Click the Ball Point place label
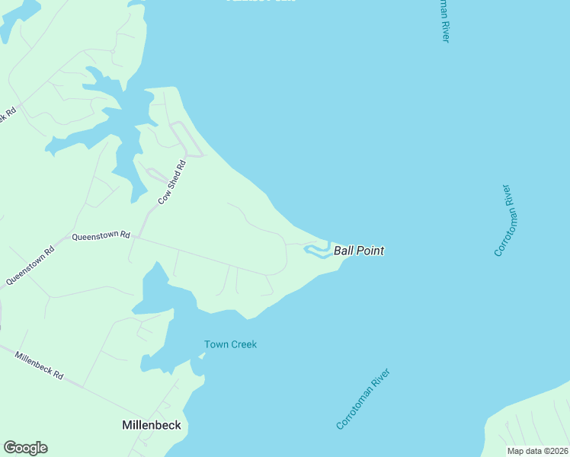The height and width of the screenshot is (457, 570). [358, 251]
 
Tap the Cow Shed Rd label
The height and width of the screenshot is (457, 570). [172, 182]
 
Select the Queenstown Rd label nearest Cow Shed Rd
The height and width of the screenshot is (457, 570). [101, 236]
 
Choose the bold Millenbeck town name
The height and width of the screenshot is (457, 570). [152, 425]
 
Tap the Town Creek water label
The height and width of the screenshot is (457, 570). [230, 344]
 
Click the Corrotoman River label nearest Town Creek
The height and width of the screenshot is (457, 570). [363, 399]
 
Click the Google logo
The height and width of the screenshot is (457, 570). [25, 448]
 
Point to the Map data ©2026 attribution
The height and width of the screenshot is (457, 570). [537, 451]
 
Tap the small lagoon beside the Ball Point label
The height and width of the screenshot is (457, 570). [317, 251]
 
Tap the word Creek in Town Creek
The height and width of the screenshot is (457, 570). [242, 344]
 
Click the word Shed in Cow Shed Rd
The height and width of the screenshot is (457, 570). [172, 182]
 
